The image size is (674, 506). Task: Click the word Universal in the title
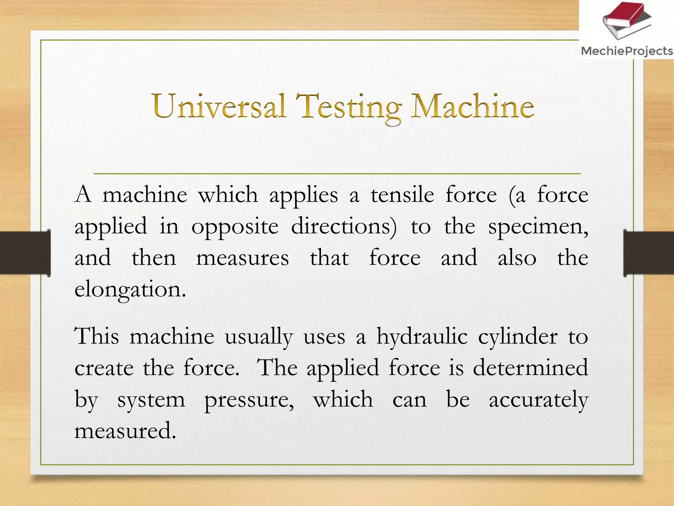click(x=219, y=106)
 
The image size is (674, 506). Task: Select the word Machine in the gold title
click(x=473, y=106)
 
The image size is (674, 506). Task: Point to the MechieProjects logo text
click(x=627, y=51)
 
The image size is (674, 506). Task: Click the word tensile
click(x=402, y=195)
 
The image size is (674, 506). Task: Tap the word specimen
click(x=538, y=227)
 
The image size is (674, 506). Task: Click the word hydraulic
click(x=422, y=337)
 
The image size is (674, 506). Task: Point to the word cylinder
click(x=518, y=337)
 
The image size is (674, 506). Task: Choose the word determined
click(x=530, y=367)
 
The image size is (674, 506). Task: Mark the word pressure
click(x=249, y=400)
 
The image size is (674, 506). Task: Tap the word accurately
click(x=538, y=400)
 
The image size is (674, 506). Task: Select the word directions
click(x=344, y=227)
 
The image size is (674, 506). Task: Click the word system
click(x=151, y=400)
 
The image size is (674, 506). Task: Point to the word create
click(x=104, y=368)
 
